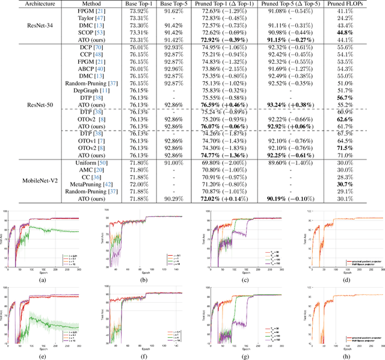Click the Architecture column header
point(26,4)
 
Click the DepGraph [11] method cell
point(93,90)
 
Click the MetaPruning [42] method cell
point(93,184)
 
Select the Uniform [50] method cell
point(93,162)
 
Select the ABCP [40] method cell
point(93,68)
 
